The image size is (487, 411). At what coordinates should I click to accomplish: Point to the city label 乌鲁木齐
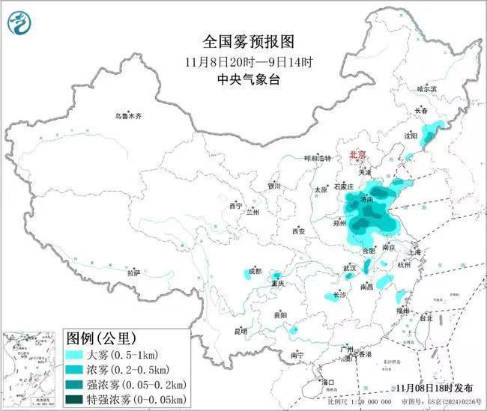click(128, 116)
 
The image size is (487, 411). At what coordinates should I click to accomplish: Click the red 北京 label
click(357, 155)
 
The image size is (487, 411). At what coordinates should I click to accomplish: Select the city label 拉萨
click(133, 273)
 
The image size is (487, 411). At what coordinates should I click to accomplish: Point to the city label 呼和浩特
click(317, 158)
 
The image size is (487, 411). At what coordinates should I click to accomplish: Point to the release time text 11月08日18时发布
click(435, 388)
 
